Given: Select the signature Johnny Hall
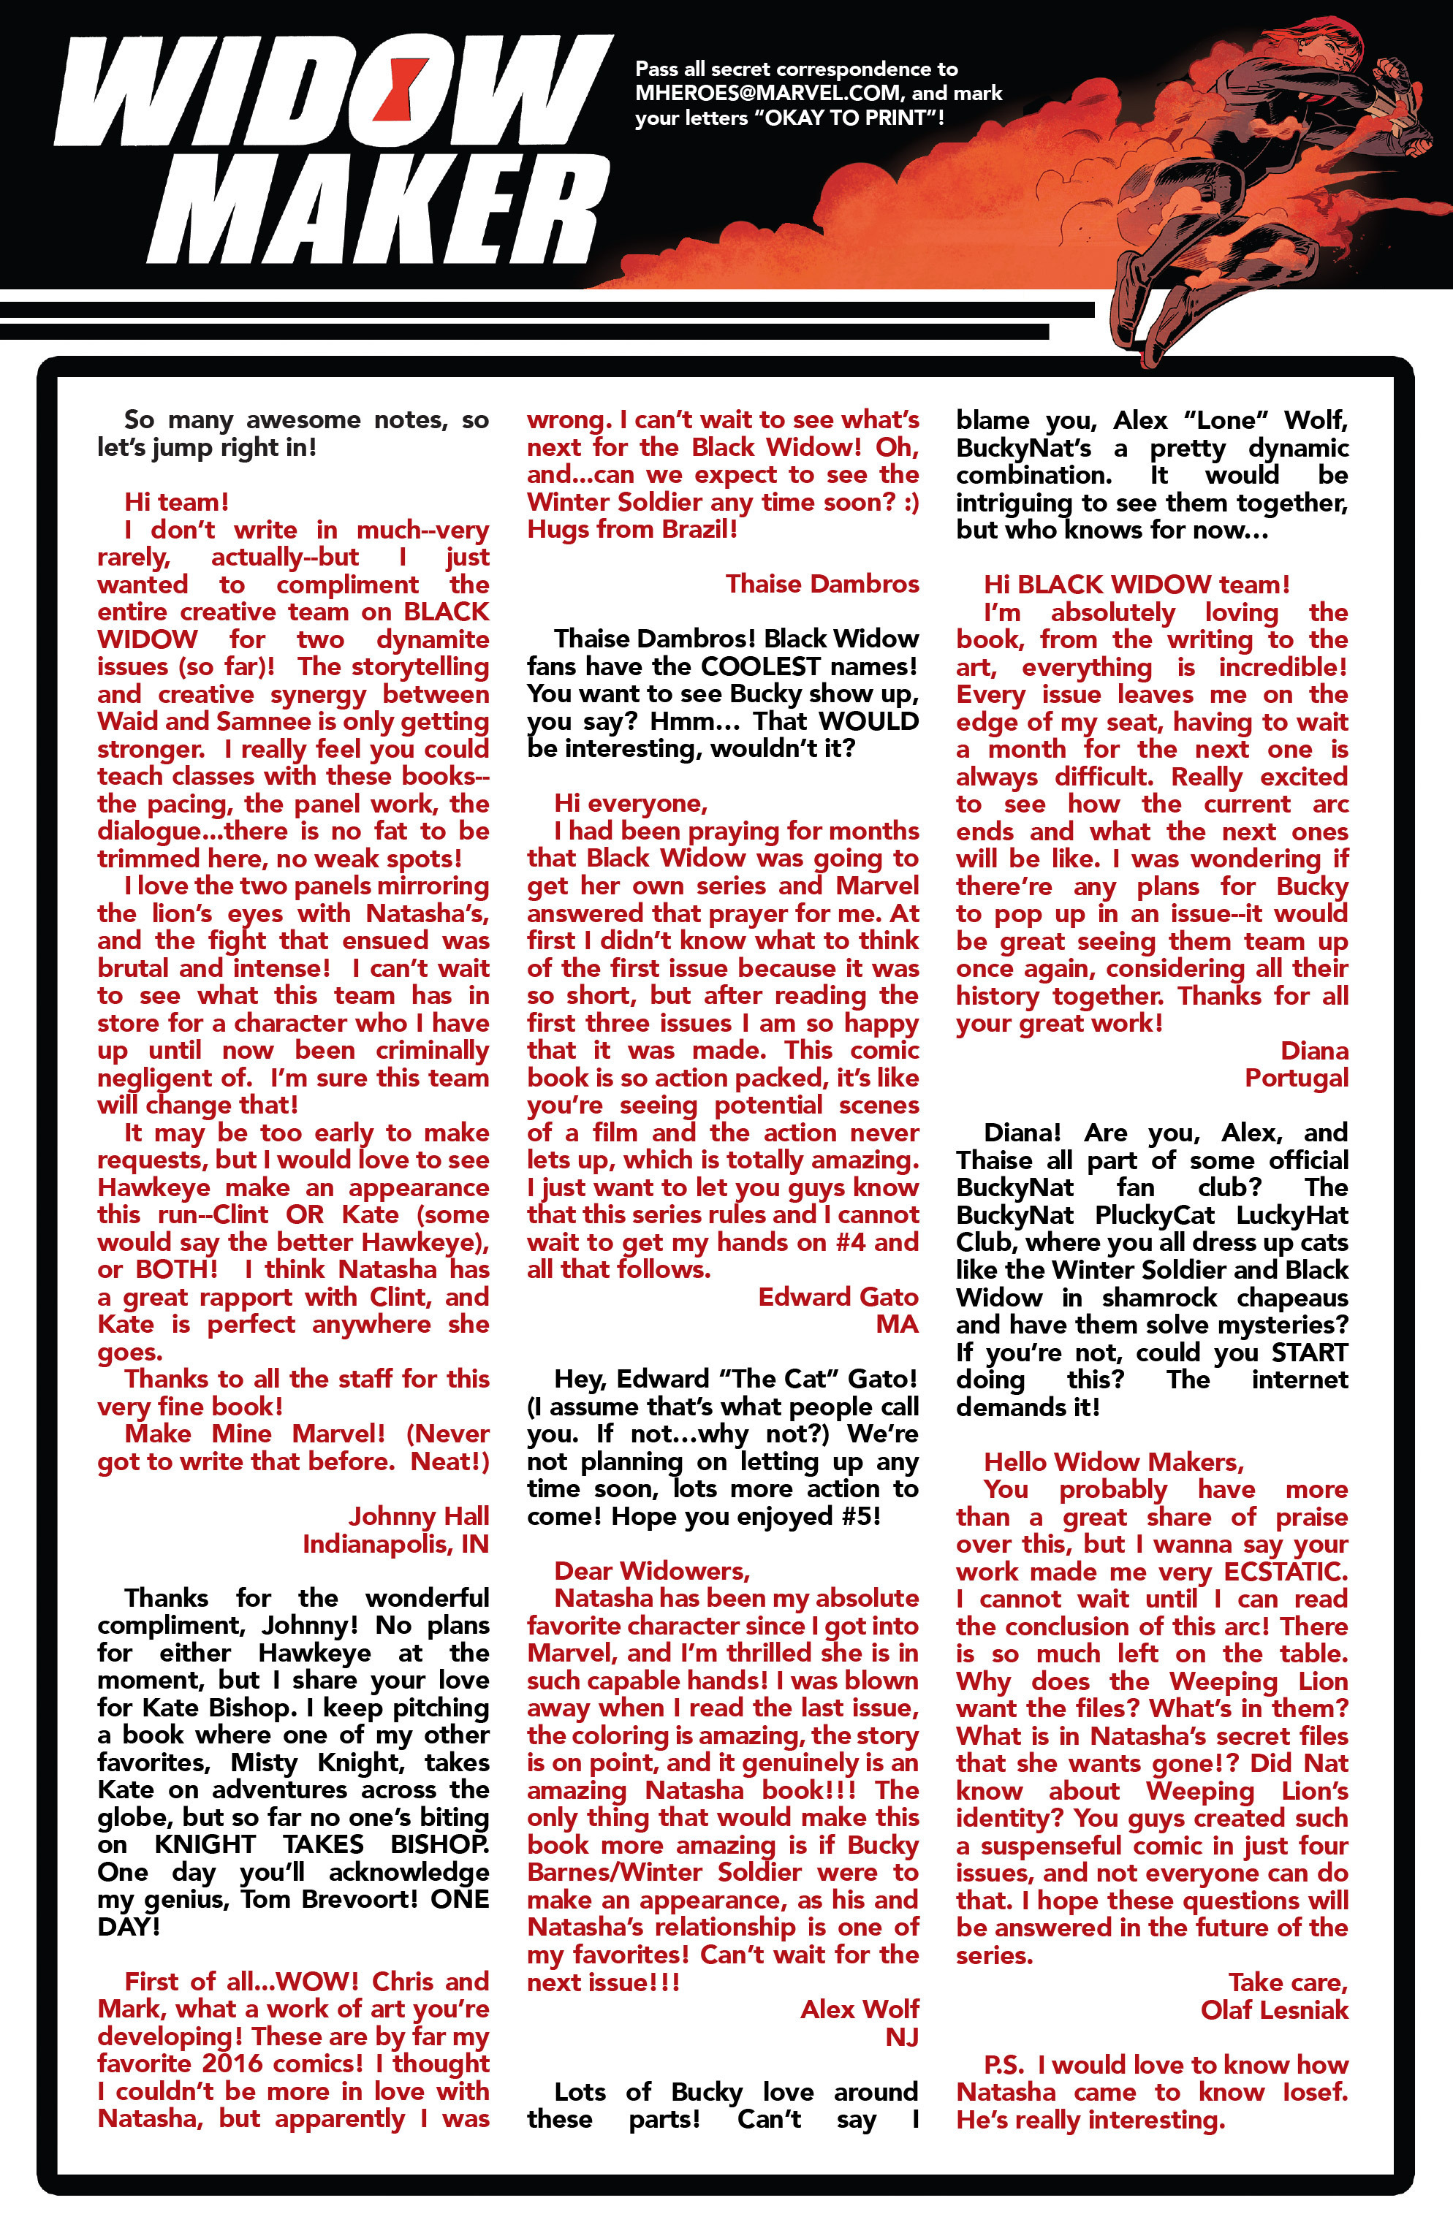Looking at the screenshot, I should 419,1516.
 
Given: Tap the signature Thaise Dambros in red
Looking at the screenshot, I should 822,584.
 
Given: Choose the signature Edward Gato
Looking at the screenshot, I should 838,1297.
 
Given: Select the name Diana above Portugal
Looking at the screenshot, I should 1313,1051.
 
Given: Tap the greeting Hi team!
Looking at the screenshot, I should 176,502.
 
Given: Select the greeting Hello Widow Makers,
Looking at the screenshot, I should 1113,1462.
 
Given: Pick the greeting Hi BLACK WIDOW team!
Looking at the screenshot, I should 1136,585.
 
